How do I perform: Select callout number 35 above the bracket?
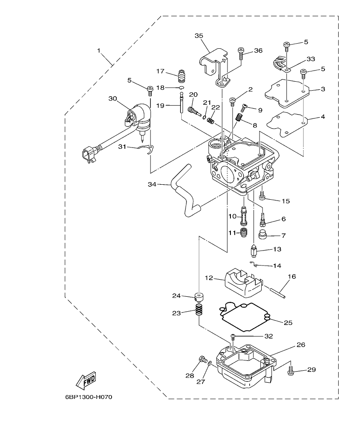(199, 36)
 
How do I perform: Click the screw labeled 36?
(241, 54)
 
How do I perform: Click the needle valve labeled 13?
(254, 250)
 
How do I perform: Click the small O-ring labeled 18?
(181, 88)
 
